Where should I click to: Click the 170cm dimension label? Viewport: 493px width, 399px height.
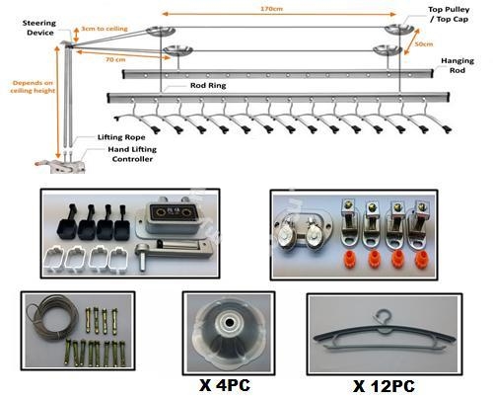coord(271,9)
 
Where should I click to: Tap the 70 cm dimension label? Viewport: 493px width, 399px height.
coord(115,59)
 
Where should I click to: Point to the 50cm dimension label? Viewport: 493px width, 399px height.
coord(424,43)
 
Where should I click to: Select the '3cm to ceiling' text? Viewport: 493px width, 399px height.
coord(105,29)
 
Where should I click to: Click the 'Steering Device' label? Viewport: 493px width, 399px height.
coord(39,28)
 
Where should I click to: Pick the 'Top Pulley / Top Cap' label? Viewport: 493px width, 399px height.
coord(449,14)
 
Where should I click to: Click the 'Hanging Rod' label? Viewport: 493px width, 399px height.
coord(458,65)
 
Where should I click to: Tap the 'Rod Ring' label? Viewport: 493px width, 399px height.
coord(208,85)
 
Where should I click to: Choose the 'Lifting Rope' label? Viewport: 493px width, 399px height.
coord(121,137)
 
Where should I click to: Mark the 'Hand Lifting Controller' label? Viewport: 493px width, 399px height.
coord(132,154)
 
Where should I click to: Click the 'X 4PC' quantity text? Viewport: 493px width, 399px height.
coord(225,385)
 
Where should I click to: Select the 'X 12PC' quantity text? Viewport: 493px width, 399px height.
coord(384,386)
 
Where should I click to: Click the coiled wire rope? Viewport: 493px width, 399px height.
coord(52,318)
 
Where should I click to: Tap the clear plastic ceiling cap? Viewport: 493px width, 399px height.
coord(229,333)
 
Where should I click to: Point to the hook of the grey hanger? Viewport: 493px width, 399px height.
coord(384,317)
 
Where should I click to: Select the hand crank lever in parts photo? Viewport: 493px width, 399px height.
coord(174,252)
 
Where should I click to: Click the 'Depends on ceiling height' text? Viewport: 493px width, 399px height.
coord(33,87)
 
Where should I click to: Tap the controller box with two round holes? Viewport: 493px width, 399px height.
coord(170,216)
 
